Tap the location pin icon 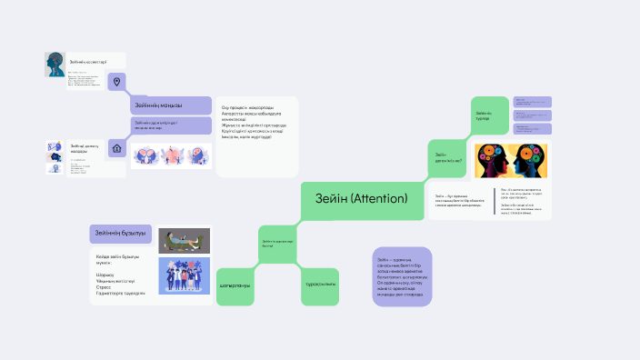pos(116,82)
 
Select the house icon pos(116,147)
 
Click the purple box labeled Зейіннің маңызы pos(168,105)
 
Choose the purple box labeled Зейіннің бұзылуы pos(120,234)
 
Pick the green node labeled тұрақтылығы pos(320,285)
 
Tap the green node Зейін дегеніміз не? pos(449,157)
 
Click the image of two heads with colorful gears pos(510,160)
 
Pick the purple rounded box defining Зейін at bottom pos(402,276)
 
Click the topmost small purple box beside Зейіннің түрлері pos(534,102)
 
